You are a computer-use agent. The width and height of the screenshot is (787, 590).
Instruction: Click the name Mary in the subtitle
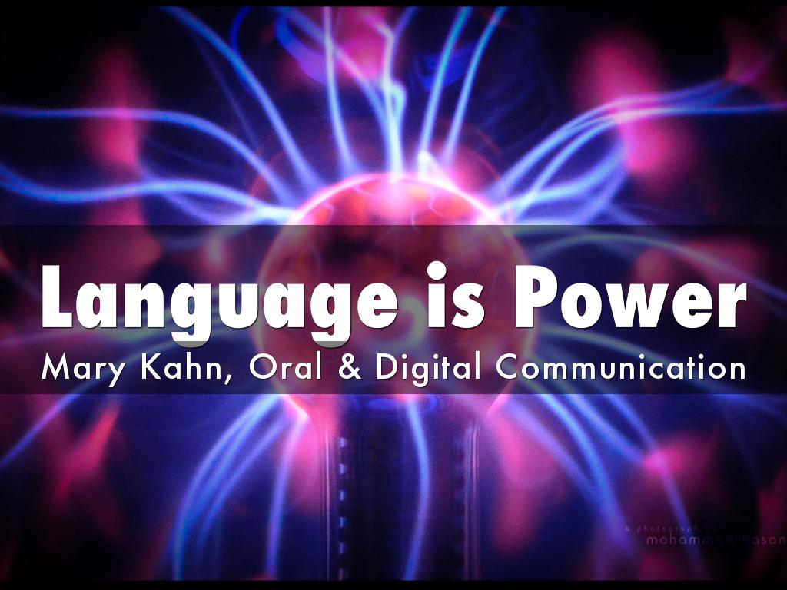point(76,368)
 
